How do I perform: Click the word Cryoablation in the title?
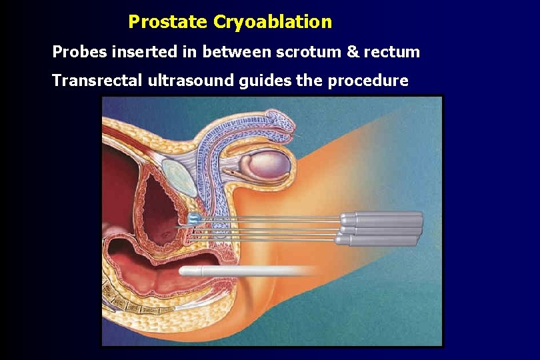272,22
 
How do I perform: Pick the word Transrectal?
97,81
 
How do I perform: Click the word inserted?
139,51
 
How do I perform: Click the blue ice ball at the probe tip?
194,217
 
